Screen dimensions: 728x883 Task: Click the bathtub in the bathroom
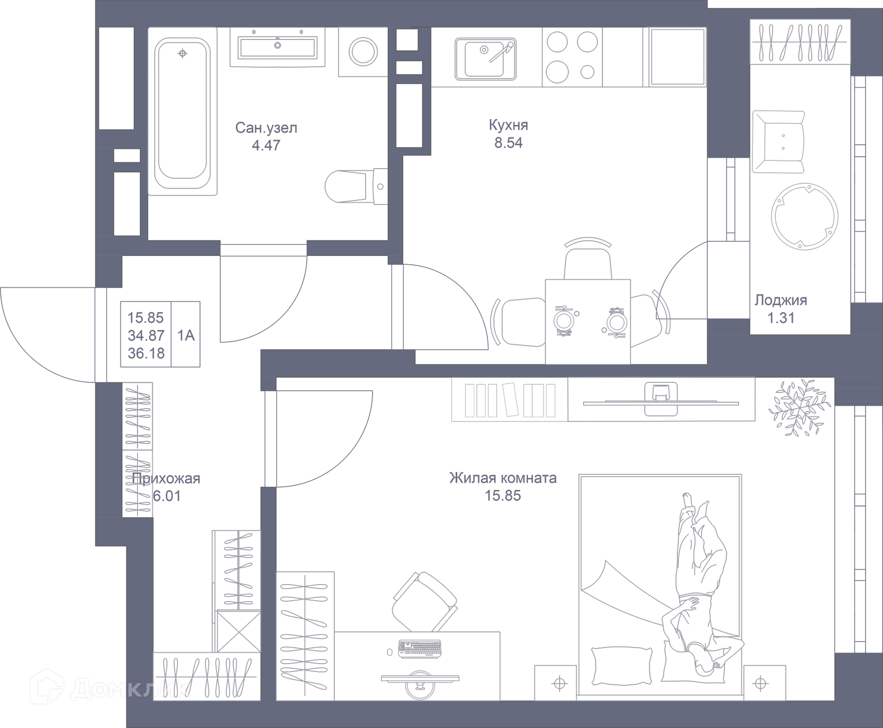182,113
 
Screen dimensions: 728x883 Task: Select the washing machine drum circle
363,51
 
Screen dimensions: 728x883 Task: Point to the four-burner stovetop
572,57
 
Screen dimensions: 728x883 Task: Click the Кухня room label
508,125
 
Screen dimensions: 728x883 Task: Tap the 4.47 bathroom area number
266,145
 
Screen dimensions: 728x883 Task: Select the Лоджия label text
780,300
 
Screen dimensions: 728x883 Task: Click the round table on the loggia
804,216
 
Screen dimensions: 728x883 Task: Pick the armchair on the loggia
779,141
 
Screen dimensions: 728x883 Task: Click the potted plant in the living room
799,407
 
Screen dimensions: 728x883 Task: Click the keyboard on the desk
419,648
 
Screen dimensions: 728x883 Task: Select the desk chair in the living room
424,602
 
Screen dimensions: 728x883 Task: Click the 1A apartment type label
186,335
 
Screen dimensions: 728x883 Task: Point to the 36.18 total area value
146,353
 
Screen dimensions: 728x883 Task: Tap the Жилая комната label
503,478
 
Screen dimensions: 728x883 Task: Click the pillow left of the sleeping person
621,665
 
